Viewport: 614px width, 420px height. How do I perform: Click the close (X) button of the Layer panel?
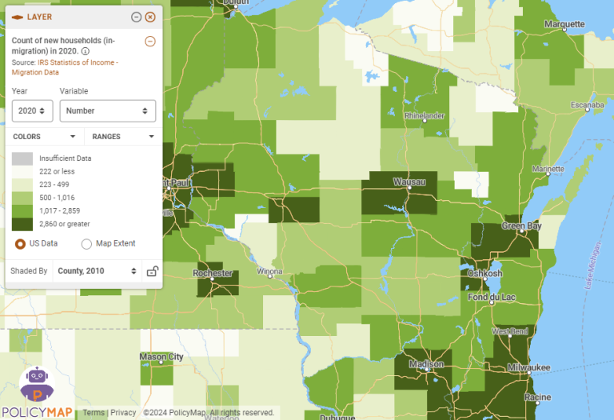tap(150, 17)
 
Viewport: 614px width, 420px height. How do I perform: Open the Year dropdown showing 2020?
tap(33, 111)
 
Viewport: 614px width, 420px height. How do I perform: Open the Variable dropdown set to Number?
tap(108, 111)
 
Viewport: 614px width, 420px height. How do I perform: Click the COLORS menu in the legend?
tap(45, 137)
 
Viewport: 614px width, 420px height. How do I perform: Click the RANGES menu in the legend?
tap(122, 137)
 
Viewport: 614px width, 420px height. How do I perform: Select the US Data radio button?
tap(21, 243)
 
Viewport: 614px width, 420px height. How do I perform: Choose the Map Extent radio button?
tap(87, 243)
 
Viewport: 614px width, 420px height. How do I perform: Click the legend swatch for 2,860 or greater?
tap(22, 224)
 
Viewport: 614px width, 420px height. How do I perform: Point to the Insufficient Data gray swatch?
tap(22, 158)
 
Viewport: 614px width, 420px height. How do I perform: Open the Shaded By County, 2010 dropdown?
tap(97, 271)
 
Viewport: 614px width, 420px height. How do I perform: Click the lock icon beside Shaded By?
tap(152, 271)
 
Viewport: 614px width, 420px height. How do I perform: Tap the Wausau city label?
tap(409, 182)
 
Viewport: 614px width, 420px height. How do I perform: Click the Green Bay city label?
tap(524, 226)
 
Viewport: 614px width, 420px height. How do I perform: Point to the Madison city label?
tap(426, 364)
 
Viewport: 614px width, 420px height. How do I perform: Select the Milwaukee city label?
tap(528, 367)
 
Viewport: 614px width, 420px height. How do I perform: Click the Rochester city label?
tap(213, 274)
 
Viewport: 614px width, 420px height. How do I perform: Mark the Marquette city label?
tap(564, 24)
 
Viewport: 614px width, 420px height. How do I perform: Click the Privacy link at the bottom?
tap(123, 413)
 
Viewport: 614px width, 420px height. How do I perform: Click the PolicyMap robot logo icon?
tap(37, 384)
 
